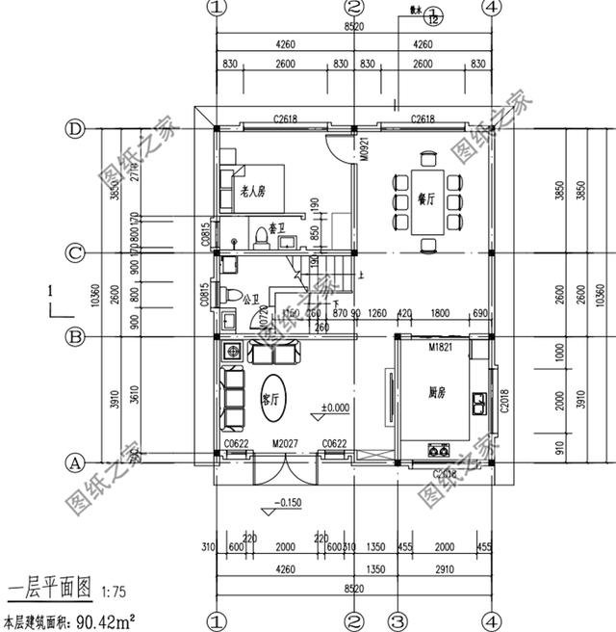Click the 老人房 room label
252,193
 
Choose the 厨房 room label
439,393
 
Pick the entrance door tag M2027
285,443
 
